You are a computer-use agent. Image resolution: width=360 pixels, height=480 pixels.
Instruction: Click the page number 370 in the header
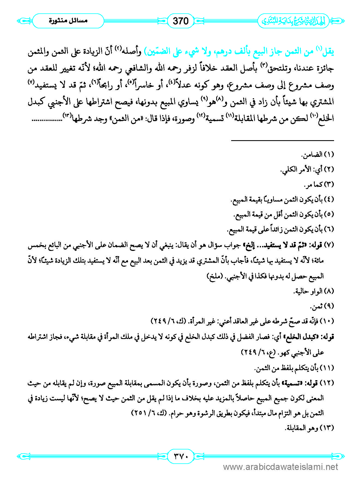click(181, 21)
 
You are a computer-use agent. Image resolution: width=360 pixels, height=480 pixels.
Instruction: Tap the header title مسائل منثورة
click(68, 21)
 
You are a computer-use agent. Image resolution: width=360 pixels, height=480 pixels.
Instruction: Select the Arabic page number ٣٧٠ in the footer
click(181, 456)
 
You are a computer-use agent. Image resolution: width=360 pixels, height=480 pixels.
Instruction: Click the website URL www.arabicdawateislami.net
click(281, 467)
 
